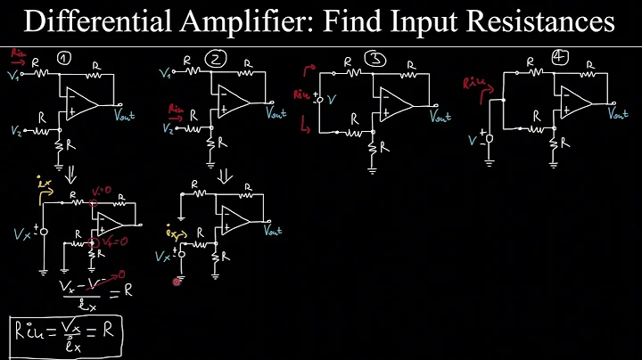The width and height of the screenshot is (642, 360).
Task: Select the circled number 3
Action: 377,61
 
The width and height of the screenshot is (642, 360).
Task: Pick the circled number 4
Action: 559,58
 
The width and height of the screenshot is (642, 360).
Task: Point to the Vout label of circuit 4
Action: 617,113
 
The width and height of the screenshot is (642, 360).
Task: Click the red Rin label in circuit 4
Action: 474,84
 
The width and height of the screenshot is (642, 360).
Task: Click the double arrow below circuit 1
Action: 67,173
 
